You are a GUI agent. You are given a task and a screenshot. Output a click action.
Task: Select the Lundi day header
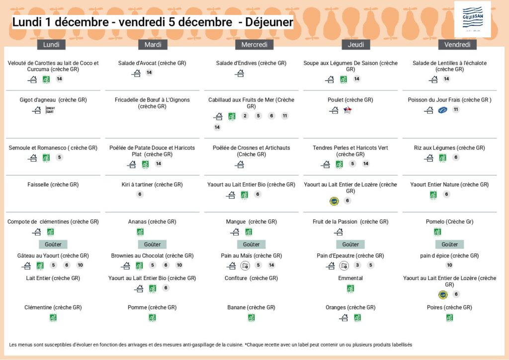pyautogui.click(x=51, y=45)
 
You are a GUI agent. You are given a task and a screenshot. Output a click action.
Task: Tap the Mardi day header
pyautogui.click(x=153, y=45)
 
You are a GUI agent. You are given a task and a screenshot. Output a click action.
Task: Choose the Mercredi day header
pyautogui.click(x=254, y=45)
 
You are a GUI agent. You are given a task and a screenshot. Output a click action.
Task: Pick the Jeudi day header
pyautogui.click(x=355, y=45)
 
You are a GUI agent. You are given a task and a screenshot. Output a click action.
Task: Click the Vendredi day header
pyautogui.click(x=457, y=45)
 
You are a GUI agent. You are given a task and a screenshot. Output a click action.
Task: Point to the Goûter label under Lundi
pyautogui.click(x=53, y=244)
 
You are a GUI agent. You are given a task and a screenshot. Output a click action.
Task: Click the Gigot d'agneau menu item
pyautogui.click(x=53, y=100)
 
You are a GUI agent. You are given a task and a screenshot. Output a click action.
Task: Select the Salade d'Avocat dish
pyautogui.click(x=152, y=63)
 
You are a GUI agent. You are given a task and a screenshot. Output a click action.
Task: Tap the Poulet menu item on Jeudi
pyautogui.click(x=350, y=100)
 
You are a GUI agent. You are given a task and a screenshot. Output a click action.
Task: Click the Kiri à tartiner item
pyautogui.click(x=152, y=184)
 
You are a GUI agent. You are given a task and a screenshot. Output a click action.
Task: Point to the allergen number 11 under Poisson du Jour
pyautogui.click(x=456, y=109)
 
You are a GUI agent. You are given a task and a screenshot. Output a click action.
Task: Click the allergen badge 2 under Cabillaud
pyautogui.click(x=245, y=116)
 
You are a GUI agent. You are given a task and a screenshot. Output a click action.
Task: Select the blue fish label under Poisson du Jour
pyautogui.click(x=442, y=110)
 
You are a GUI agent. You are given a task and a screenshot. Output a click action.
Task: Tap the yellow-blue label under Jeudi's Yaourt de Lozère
pyautogui.click(x=334, y=201)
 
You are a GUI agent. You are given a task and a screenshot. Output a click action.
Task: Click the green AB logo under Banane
pyautogui.click(x=251, y=317)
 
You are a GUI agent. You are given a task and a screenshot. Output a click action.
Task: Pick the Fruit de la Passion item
pyautogui.click(x=350, y=221)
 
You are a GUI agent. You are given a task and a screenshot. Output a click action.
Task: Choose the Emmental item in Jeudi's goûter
pyautogui.click(x=350, y=278)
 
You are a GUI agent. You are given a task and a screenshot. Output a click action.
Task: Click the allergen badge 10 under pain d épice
pyautogui.click(x=449, y=265)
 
